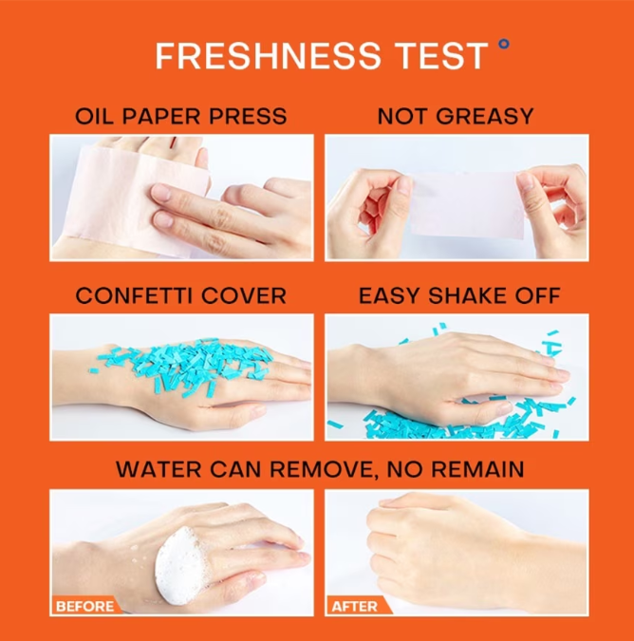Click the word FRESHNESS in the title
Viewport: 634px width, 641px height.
(268, 56)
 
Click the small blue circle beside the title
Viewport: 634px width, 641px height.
(505, 44)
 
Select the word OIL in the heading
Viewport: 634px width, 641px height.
(93, 116)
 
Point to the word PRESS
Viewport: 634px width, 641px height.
(248, 116)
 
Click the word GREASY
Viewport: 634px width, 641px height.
(484, 116)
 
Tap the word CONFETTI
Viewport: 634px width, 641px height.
(134, 295)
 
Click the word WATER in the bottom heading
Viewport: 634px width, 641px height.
(158, 469)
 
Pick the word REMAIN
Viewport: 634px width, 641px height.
(477, 469)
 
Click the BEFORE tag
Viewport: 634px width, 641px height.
(85, 606)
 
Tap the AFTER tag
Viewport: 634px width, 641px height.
(355, 606)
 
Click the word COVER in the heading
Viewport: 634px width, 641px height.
(244, 295)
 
